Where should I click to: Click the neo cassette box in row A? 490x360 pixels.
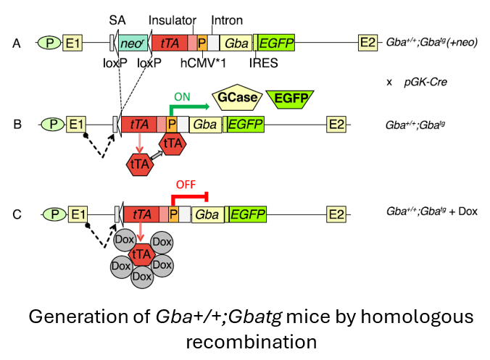coord(132,43)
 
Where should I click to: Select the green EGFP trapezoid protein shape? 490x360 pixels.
coord(289,99)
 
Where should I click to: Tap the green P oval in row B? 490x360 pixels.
coord(51,124)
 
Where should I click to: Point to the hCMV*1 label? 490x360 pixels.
coord(201,63)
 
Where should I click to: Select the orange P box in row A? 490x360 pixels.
coord(202,43)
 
